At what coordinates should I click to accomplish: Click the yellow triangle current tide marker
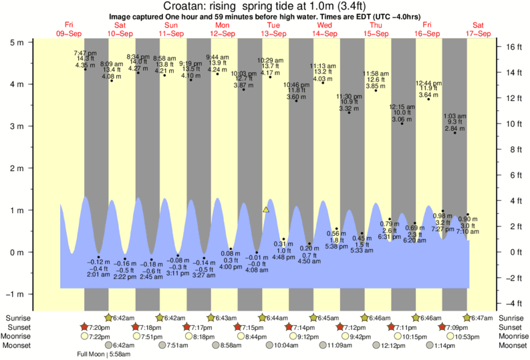(266, 210)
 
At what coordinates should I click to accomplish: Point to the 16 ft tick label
(513, 47)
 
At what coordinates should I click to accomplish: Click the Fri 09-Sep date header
(69, 29)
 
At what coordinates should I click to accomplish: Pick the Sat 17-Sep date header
(479, 29)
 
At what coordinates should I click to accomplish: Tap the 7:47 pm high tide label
(85, 53)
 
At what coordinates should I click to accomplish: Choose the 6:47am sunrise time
(481, 318)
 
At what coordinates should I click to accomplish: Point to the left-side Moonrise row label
(17, 337)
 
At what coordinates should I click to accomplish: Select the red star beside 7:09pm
(442, 327)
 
